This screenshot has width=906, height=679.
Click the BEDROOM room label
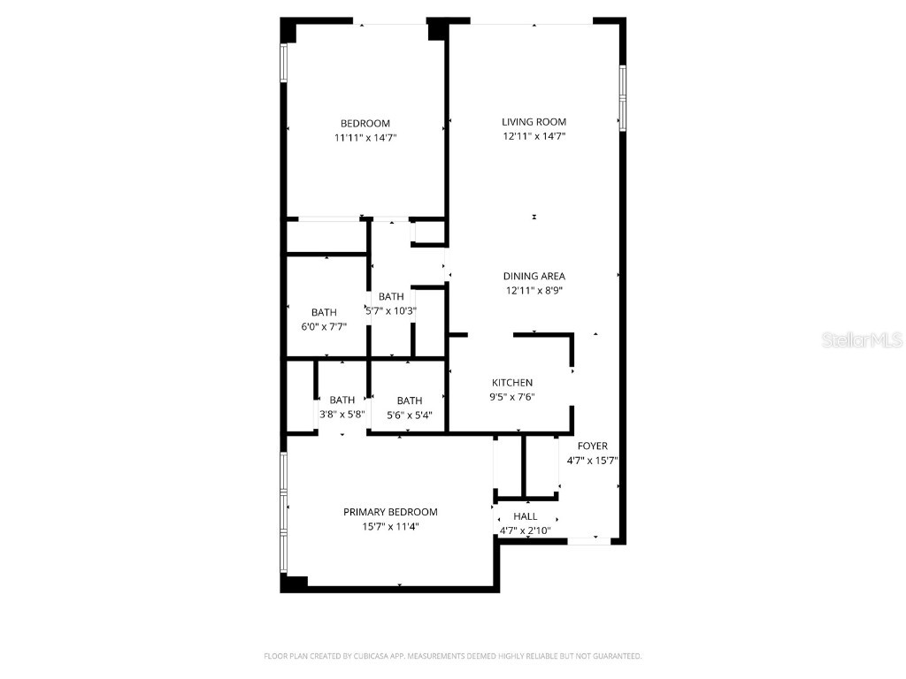point(365,123)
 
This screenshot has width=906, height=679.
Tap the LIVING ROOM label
point(534,122)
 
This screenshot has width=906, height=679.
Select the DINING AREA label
point(534,276)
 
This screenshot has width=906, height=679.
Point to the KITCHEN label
point(512,383)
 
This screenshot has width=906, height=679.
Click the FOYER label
point(592,446)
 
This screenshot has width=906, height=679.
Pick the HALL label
point(525,516)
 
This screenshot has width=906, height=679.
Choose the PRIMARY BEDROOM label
point(390,512)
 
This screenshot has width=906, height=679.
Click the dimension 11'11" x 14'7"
point(365,138)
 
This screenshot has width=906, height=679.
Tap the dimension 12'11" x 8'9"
point(534,290)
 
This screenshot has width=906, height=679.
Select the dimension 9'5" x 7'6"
point(513,397)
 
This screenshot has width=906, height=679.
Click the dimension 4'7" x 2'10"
point(526,530)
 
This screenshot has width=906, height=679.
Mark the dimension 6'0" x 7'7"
point(324,326)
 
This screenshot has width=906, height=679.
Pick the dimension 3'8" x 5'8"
point(342,414)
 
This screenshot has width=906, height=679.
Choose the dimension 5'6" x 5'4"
point(410,414)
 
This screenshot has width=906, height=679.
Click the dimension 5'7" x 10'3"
point(391,310)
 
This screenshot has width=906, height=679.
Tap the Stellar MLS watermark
point(862,339)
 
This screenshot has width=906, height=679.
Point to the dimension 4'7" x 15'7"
point(592,460)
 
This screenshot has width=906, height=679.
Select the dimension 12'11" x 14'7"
point(534,136)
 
